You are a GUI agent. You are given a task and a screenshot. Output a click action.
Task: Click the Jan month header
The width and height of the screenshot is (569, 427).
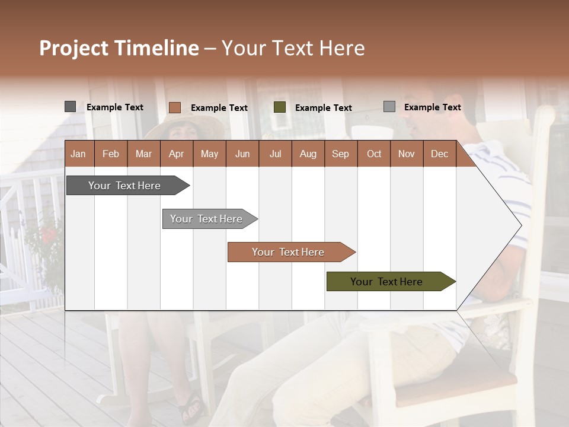(x=79, y=154)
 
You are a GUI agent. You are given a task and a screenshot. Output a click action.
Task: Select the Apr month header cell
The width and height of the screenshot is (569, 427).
(x=177, y=154)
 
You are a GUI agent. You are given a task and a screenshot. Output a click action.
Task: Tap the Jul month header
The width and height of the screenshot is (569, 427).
(x=275, y=154)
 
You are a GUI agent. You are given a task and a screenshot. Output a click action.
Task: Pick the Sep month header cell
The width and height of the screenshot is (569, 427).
(x=340, y=154)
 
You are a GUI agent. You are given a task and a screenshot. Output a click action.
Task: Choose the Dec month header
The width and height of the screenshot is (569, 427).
(x=439, y=154)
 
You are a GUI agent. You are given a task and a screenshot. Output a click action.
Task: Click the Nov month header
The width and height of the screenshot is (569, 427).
(x=407, y=154)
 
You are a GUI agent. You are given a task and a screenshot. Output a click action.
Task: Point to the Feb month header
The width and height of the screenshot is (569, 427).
(x=111, y=154)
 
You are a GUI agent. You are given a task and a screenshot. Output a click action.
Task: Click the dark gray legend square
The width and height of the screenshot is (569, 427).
(x=71, y=107)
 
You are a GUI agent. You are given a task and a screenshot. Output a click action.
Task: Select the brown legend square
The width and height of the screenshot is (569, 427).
(x=174, y=107)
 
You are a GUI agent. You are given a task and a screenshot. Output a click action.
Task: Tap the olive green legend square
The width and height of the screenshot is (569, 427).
(x=280, y=107)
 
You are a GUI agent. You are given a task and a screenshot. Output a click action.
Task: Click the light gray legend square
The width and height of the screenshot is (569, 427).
(x=389, y=107)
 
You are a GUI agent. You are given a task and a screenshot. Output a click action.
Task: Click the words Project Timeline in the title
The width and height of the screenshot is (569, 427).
(x=119, y=48)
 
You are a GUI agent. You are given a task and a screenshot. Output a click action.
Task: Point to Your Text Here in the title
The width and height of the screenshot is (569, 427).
(x=293, y=48)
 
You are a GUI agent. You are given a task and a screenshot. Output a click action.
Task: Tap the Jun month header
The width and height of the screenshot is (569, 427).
(x=242, y=154)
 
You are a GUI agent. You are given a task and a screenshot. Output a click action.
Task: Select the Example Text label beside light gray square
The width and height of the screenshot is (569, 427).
(x=432, y=107)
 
